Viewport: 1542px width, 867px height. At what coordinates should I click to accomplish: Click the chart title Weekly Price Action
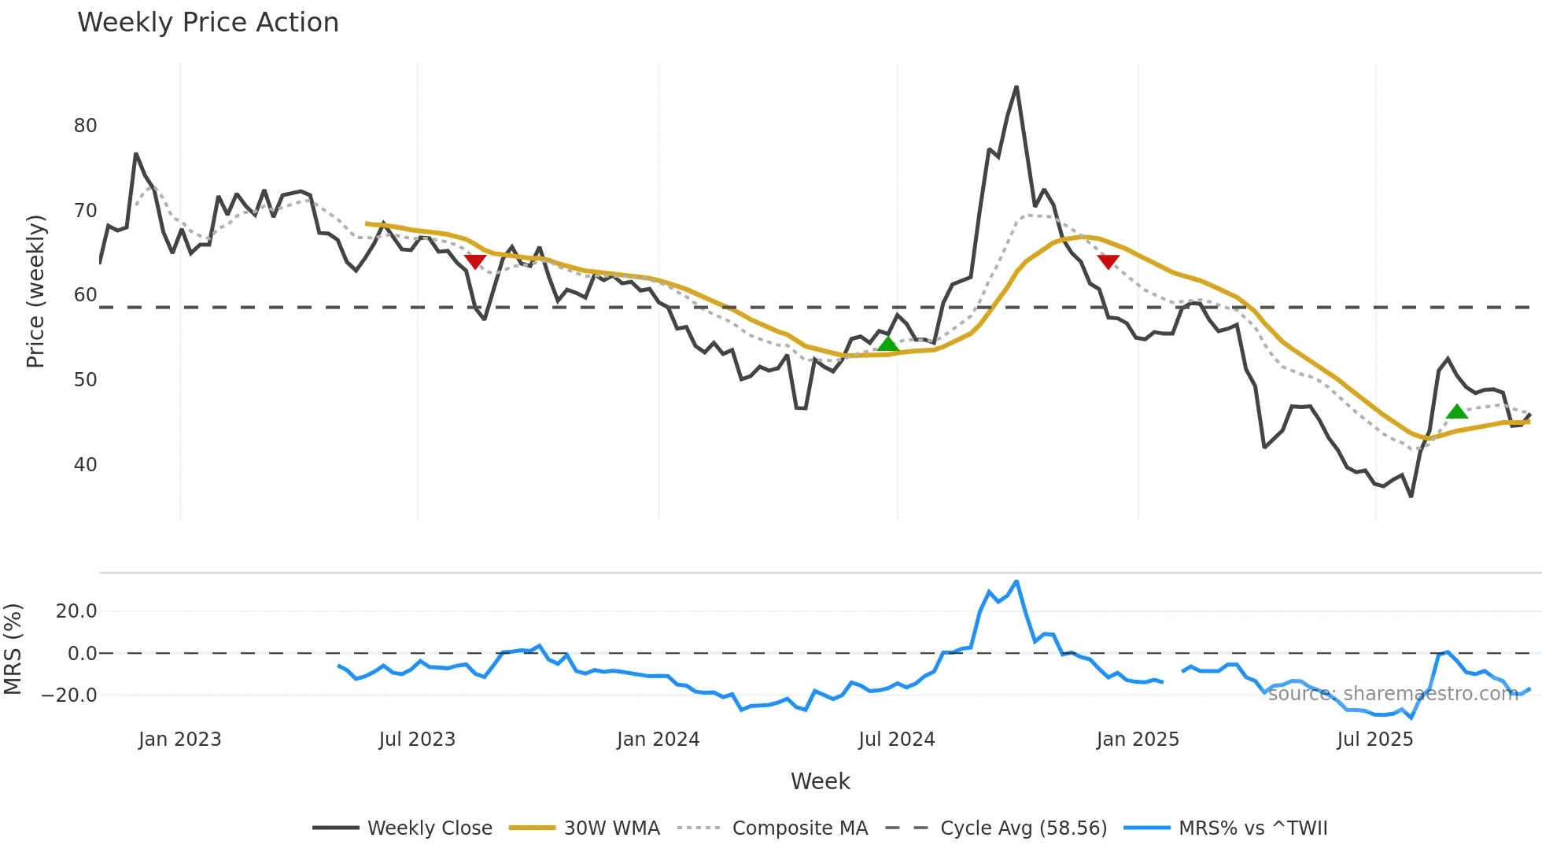(x=208, y=23)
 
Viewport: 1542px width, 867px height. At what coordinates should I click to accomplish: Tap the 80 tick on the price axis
(x=85, y=126)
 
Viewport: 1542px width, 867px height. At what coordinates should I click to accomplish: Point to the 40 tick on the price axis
(x=85, y=465)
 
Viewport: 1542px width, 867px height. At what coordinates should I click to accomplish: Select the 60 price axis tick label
(x=85, y=295)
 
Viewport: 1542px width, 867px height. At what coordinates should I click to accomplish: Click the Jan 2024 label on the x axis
(x=658, y=740)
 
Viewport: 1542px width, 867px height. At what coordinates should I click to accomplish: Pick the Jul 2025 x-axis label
(x=1374, y=740)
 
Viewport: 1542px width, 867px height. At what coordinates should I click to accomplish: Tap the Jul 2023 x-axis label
(x=417, y=740)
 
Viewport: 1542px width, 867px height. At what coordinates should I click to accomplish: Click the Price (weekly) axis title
(x=36, y=291)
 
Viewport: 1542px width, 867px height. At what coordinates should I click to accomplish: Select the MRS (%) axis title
(x=13, y=649)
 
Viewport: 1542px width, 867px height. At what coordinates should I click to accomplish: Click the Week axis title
(x=820, y=781)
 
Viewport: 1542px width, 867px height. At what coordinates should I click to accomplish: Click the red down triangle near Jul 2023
(x=475, y=261)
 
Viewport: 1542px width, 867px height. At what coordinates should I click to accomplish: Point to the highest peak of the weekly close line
(x=1016, y=87)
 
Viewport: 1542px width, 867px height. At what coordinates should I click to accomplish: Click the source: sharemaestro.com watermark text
(x=1393, y=693)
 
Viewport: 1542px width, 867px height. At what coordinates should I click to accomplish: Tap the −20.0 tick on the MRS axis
(x=69, y=695)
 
